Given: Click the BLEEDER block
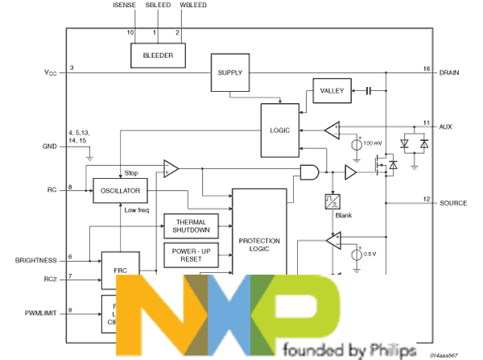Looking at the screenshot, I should (x=158, y=56).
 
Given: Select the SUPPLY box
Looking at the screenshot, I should (x=229, y=72).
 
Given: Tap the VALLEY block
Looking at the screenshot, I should (x=332, y=90).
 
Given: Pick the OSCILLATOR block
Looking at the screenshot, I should (x=121, y=191).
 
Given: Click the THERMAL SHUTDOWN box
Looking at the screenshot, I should (x=192, y=226).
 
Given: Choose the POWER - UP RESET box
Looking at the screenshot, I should (x=192, y=255).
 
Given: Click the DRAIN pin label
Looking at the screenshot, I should (x=450, y=72).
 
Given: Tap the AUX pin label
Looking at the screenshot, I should (x=446, y=127).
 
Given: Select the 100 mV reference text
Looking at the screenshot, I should (x=374, y=143).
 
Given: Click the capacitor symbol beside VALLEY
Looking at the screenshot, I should (x=367, y=90).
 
